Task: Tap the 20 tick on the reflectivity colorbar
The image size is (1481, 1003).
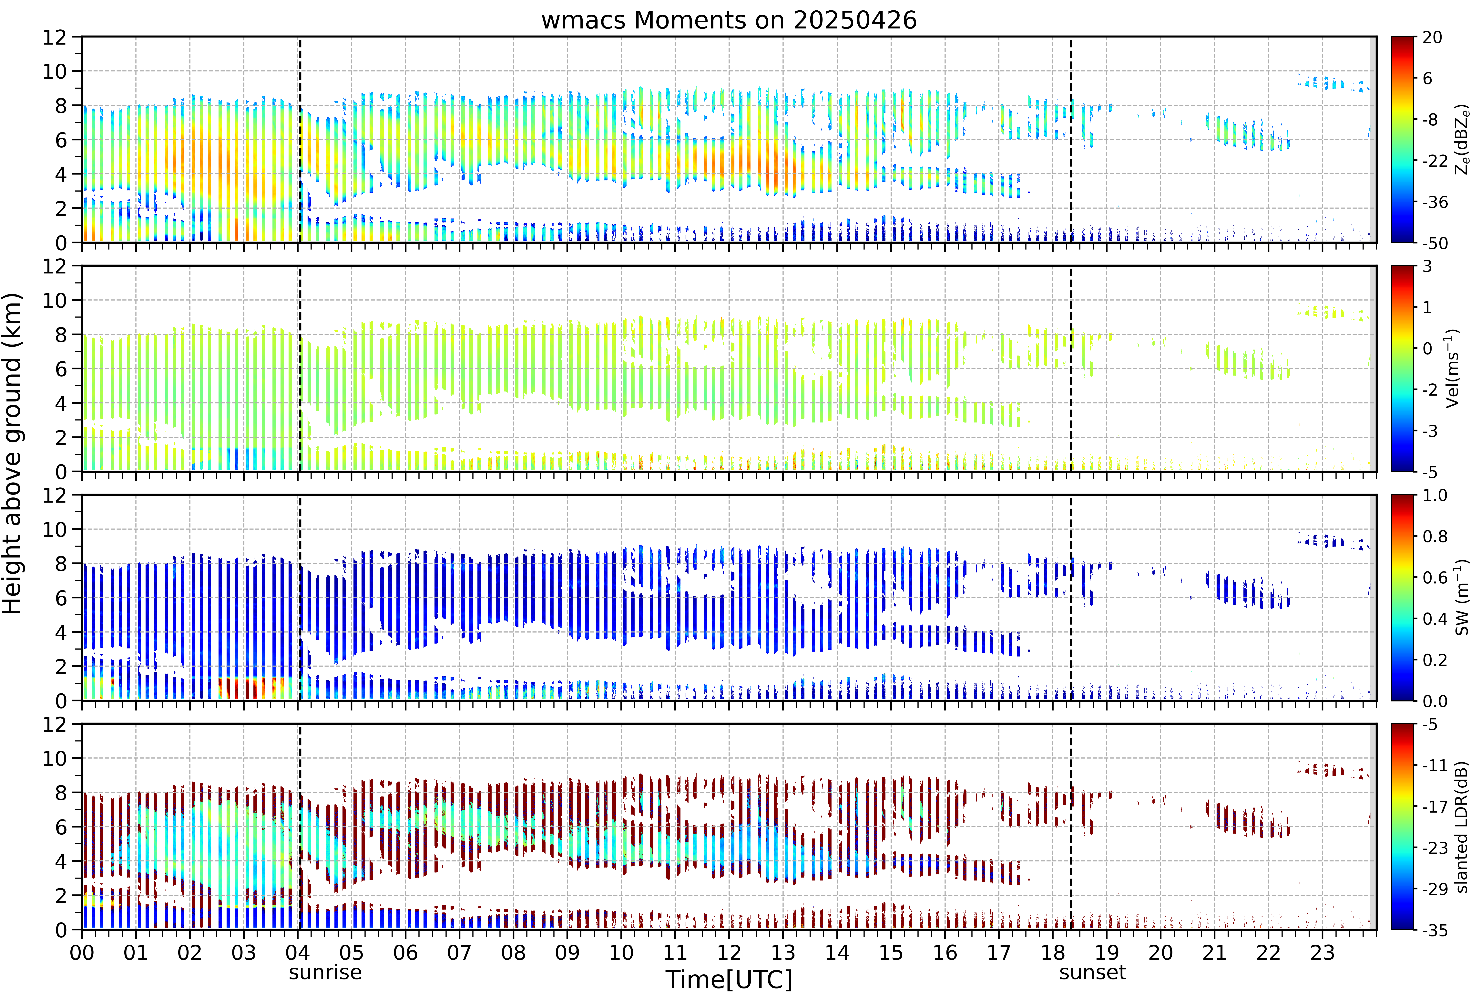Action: pyautogui.click(x=1432, y=38)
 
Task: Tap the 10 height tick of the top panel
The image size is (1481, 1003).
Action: pyautogui.click(x=55, y=71)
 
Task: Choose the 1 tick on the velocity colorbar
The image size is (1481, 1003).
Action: pyautogui.click(x=1427, y=307)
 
